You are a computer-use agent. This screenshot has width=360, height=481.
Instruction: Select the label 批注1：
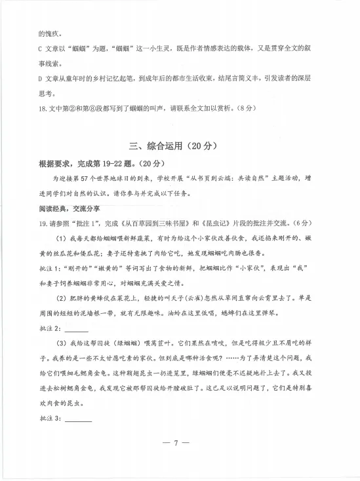click(x=52, y=268)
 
